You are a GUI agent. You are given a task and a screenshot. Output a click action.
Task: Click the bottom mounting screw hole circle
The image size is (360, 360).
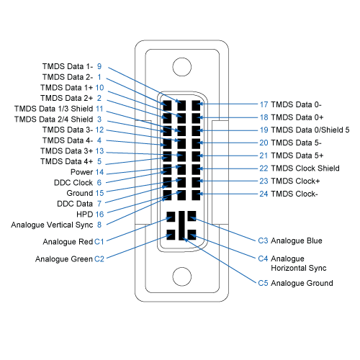point(181,277)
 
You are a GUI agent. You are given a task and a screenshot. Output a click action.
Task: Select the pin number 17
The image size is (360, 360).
point(264,104)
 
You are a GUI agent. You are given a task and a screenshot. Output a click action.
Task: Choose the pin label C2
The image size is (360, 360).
point(99,258)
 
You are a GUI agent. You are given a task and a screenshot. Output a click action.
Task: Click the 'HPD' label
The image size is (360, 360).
point(85,214)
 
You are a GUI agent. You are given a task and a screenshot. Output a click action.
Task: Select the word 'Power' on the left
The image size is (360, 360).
point(81,172)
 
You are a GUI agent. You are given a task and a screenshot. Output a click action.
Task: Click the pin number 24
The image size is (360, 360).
point(264,194)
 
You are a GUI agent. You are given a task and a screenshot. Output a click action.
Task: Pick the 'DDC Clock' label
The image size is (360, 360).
point(72,183)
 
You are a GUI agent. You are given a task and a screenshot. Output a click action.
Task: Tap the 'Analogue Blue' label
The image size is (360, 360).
point(301,240)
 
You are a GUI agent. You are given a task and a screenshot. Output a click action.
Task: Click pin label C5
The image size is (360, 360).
point(263,283)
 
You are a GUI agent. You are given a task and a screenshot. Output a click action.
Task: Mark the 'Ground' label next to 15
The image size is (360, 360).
point(79,193)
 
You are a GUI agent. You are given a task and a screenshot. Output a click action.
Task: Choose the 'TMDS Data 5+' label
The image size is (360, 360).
point(298,156)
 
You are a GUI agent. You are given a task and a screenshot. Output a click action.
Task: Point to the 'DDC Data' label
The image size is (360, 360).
point(74,204)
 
